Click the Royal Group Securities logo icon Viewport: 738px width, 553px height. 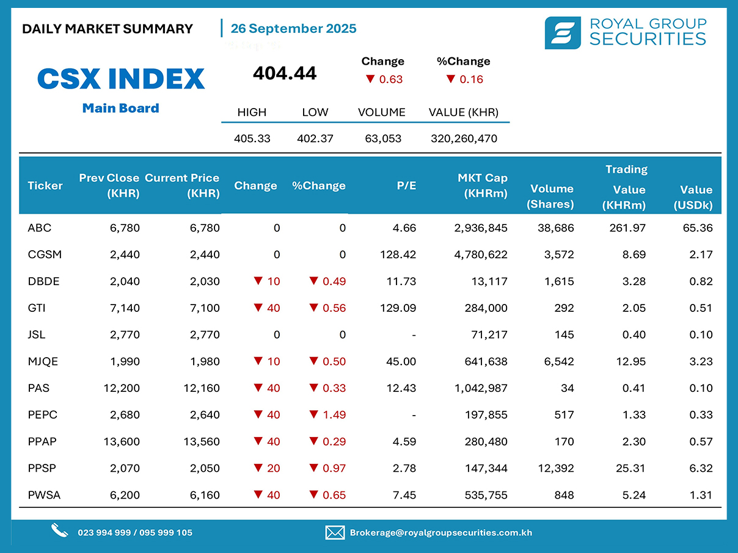click(563, 32)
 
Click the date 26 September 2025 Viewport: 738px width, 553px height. click(293, 29)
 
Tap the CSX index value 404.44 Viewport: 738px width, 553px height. click(285, 73)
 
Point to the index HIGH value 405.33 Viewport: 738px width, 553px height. click(252, 139)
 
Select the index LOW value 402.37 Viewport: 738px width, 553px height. click(315, 139)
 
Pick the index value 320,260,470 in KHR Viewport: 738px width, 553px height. click(463, 139)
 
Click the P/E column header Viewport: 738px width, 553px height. click(406, 186)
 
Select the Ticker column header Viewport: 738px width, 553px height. click(45, 186)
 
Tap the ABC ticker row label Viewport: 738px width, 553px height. click(40, 228)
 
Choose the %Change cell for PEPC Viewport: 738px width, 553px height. click(327, 415)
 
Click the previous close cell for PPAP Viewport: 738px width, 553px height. click(122, 442)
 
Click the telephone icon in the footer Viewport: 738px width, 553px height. click(59, 531)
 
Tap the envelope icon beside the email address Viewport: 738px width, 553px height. click(335, 532)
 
